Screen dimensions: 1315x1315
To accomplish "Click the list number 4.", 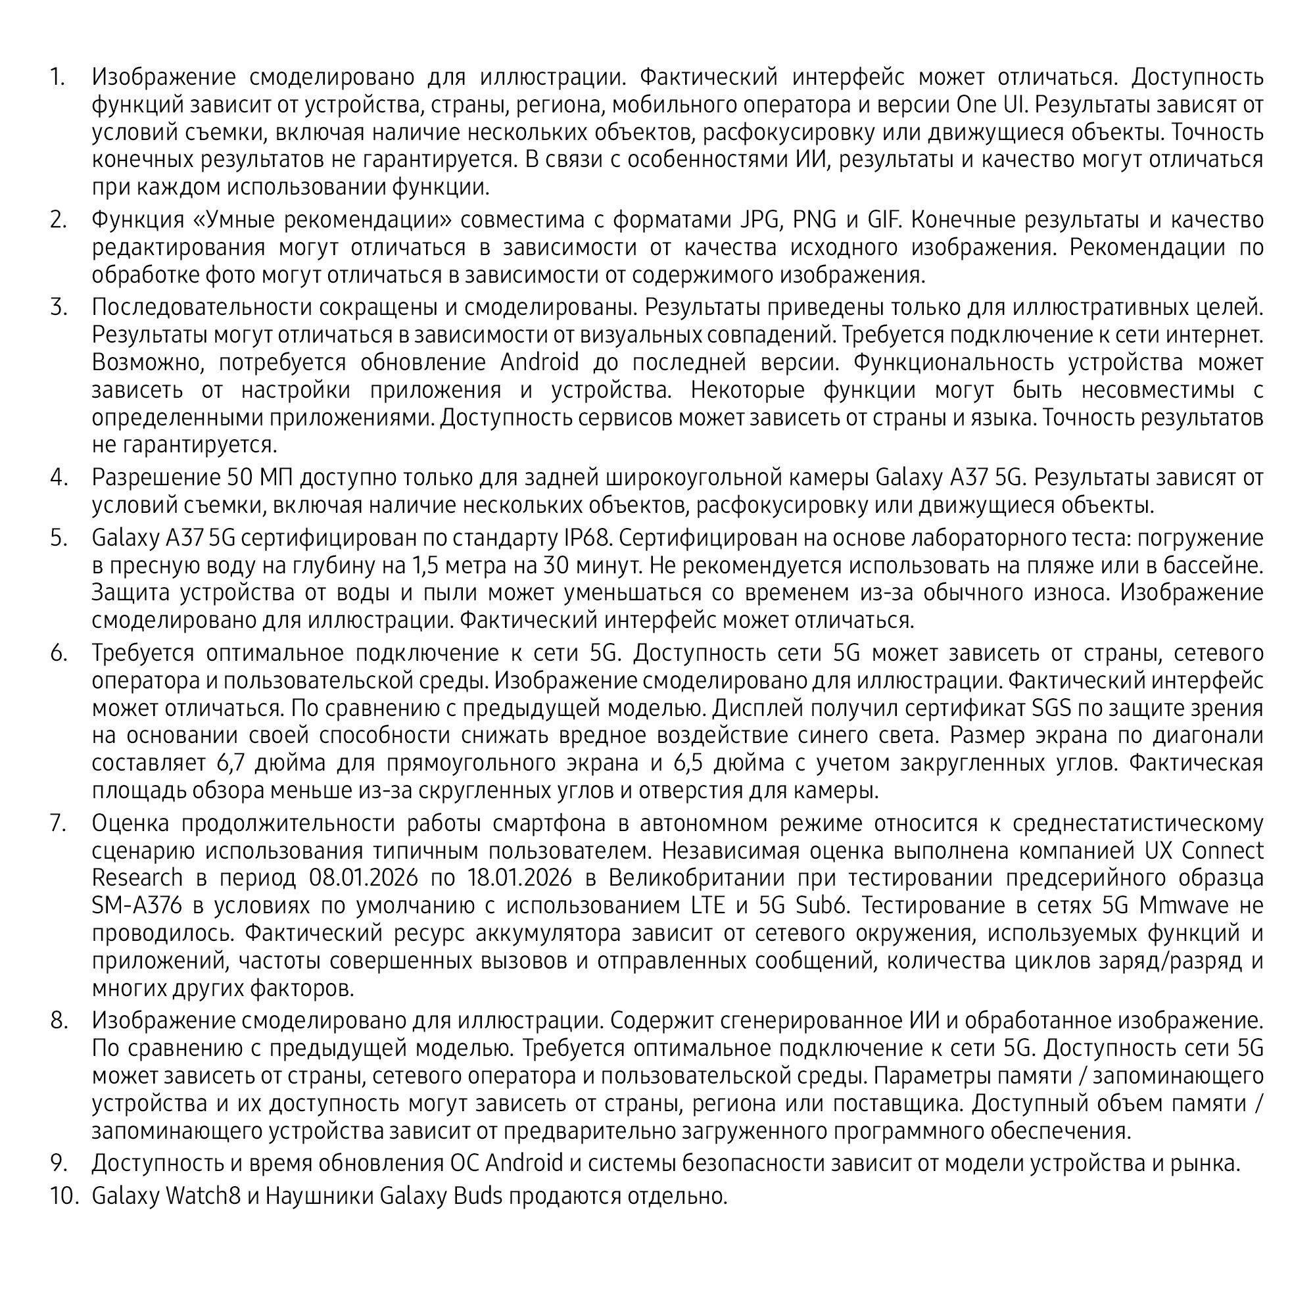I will click(59, 478).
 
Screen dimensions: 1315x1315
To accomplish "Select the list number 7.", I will click(59, 823).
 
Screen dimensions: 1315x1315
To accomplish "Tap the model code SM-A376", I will click(137, 905).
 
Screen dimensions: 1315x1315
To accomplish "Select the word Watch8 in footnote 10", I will click(203, 1195).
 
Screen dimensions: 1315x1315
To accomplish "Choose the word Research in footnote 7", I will click(137, 878).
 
